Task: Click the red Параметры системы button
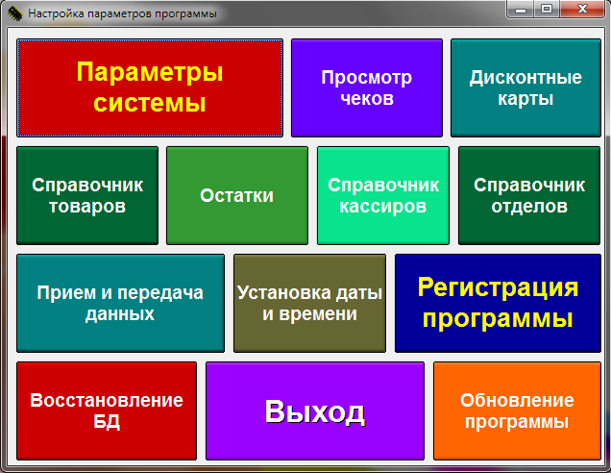tap(150, 87)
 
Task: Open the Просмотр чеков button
tap(367, 87)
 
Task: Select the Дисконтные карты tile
tap(525, 87)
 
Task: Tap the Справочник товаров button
tap(87, 195)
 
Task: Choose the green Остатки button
tap(237, 195)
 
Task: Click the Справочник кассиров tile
tap(383, 195)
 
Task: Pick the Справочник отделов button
tap(529, 195)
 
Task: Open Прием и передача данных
tap(120, 303)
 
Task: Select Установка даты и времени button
tap(309, 303)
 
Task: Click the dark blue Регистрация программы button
tap(498, 303)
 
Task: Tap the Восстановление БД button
tap(107, 411)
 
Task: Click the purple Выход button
tap(315, 411)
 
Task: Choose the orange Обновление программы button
tap(517, 411)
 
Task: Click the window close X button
tap(582, 9)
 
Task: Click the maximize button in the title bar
tap(547, 9)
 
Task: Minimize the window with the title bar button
tap(521, 9)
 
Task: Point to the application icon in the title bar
tap(14, 13)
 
